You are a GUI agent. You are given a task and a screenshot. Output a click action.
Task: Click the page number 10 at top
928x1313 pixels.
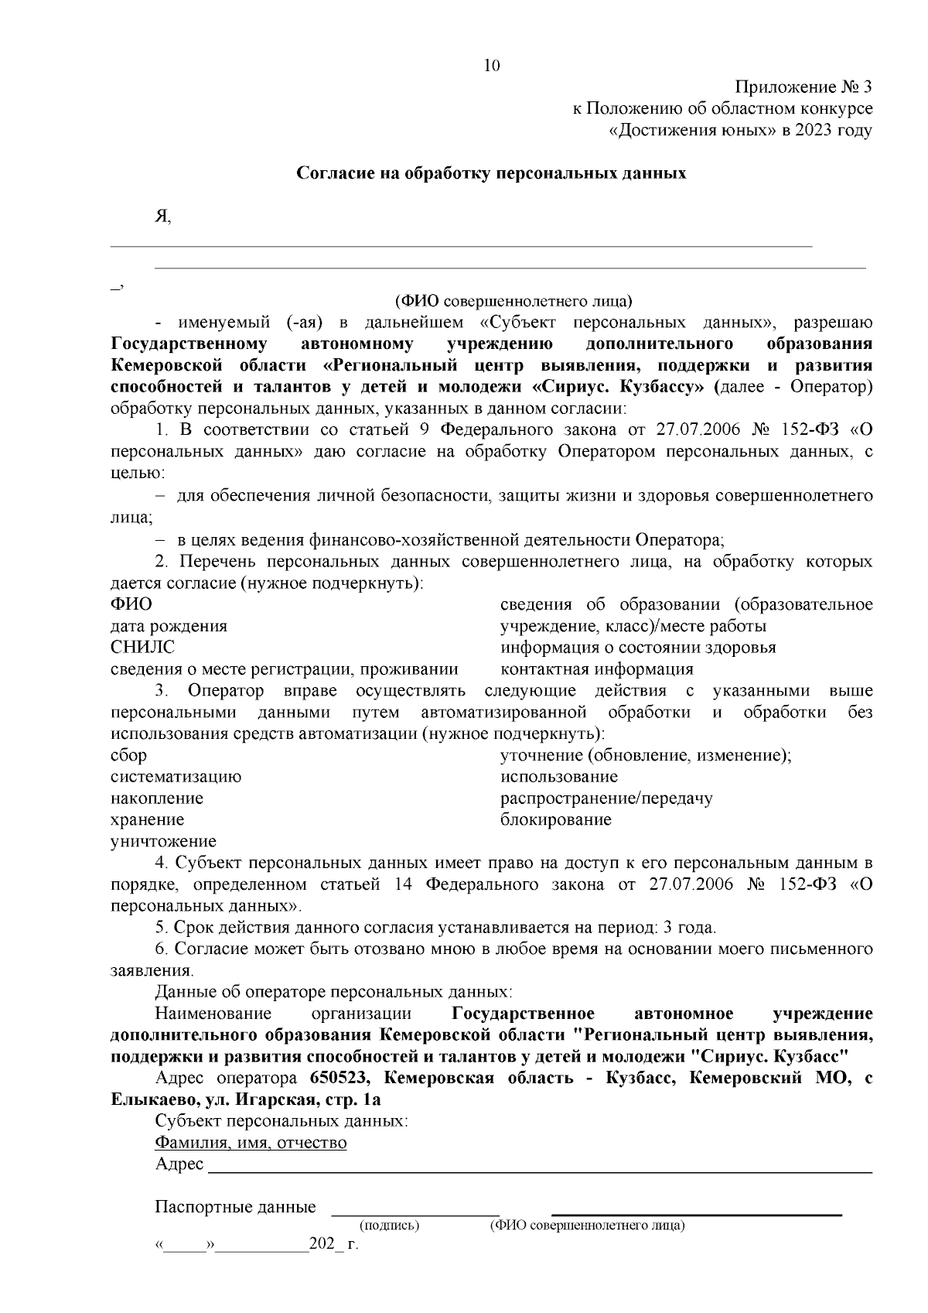[x=492, y=66]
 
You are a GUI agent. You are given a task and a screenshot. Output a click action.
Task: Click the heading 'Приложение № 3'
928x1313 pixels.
[x=803, y=87]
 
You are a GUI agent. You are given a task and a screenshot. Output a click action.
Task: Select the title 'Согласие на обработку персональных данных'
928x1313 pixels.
[x=492, y=173]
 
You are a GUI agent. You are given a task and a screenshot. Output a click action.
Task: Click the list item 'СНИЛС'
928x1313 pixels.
[x=142, y=648]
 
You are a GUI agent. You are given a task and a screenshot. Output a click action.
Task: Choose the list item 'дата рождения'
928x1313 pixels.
[x=169, y=626]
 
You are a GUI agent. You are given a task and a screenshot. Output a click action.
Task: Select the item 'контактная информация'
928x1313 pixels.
[x=596, y=669]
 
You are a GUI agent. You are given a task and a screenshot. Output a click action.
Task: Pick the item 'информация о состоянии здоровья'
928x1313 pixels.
[x=638, y=648]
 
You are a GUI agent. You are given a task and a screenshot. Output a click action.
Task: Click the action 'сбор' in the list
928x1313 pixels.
[x=128, y=755]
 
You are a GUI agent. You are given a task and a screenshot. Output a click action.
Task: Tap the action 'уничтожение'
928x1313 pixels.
[x=163, y=841]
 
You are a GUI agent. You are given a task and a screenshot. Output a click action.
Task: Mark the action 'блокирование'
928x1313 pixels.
[x=555, y=819]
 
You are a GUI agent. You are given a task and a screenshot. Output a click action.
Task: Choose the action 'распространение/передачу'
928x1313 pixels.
[x=606, y=798]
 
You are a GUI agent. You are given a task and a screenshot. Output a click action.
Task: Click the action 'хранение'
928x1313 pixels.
[x=147, y=819]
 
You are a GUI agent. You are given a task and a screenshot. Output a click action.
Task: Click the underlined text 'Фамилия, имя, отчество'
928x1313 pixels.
[x=251, y=1143]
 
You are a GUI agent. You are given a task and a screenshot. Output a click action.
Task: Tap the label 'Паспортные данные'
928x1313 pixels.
[x=235, y=1207]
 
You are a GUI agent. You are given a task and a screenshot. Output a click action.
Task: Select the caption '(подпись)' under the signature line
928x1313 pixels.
[x=389, y=1226]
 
